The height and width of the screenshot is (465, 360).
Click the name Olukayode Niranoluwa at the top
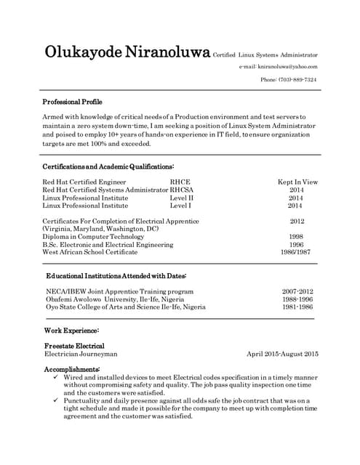pyautogui.click(x=127, y=52)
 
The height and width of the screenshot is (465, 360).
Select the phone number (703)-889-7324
pyautogui.click(x=289, y=79)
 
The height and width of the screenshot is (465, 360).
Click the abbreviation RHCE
pyautogui.click(x=180, y=182)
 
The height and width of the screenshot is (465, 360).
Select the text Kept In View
pyautogui.click(x=297, y=182)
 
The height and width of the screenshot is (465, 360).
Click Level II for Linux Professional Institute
pyautogui.click(x=182, y=198)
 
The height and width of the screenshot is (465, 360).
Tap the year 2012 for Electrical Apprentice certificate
pyautogui.click(x=297, y=221)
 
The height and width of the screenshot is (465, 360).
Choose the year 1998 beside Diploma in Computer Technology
pyautogui.click(x=296, y=237)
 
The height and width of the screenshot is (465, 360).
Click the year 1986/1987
pyautogui.click(x=296, y=252)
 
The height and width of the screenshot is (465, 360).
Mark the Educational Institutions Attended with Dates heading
pyautogui.click(x=116, y=276)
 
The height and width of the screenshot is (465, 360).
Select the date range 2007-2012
pyautogui.click(x=297, y=291)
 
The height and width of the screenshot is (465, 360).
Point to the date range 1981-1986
pyautogui.click(x=297, y=307)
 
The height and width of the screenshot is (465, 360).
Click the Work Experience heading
pyautogui.click(x=71, y=331)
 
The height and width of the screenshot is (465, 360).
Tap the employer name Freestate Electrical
pyautogui.click(x=74, y=346)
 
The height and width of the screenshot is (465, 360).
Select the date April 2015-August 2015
pyautogui.click(x=283, y=354)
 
